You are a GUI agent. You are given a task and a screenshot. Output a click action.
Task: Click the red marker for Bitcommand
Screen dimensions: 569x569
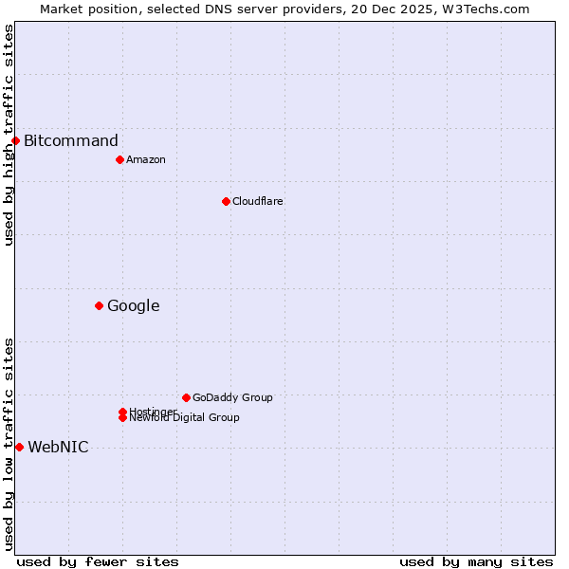coord(15,141)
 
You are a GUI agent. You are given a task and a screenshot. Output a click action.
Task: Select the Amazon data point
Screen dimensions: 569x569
coord(119,159)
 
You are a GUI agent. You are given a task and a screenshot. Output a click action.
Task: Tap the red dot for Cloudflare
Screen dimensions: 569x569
coord(226,201)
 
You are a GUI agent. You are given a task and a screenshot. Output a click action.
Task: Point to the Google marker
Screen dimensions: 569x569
coord(99,305)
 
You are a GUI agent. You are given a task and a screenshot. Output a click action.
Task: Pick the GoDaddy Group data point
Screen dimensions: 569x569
coord(186,397)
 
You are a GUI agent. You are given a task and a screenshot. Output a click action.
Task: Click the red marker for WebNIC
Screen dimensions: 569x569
coord(19,447)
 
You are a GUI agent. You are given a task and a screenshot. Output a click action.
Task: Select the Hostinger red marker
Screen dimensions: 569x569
coord(122,412)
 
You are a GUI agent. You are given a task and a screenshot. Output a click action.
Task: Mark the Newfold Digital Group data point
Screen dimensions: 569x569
coord(122,418)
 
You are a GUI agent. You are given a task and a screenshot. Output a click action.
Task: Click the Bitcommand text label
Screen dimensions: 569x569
coord(71,141)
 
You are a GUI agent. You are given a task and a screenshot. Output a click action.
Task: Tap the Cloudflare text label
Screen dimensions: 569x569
coord(258,201)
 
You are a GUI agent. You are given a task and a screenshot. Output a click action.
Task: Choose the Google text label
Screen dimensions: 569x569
coord(133,305)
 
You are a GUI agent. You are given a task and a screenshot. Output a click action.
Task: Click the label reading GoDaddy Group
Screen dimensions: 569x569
coord(232,397)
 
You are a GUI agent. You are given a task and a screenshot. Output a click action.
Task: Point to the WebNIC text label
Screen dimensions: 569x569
coord(58,448)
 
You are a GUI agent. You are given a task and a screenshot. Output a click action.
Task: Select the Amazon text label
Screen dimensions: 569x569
coord(146,159)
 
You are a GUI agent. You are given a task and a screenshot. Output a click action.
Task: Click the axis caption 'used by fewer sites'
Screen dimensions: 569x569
coord(98,561)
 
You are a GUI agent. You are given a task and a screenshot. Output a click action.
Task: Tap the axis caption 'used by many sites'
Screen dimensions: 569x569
coord(476,561)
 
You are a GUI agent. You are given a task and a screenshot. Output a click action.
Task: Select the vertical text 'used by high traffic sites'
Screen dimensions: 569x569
coord(9,135)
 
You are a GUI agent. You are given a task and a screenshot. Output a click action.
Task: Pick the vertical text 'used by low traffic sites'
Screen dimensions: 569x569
coord(9,444)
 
